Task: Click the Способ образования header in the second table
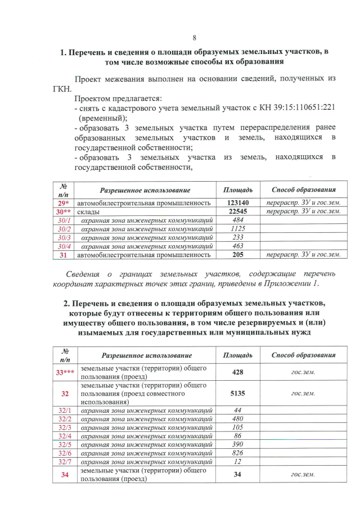(x=303, y=355)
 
